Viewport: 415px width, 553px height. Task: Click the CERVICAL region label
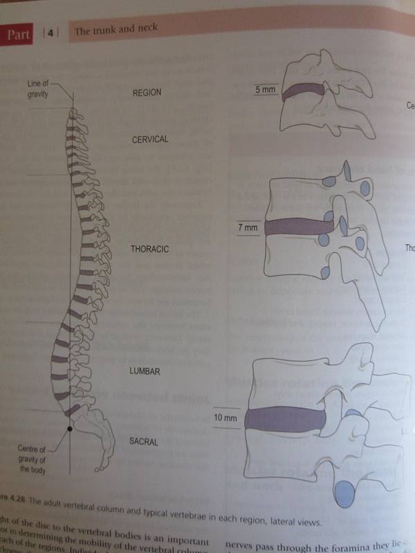point(150,139)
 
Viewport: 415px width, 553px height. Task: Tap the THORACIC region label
point(151,247)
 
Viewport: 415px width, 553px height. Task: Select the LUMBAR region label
point(145,372)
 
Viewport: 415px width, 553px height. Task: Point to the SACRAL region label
point(146,440)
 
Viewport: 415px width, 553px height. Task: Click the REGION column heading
point(147,92)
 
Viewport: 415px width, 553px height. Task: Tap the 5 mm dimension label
point(265,91)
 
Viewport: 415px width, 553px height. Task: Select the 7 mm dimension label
point(247,227)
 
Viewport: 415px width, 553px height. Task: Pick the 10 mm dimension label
point(225,418)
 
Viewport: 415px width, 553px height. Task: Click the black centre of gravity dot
point(69,430)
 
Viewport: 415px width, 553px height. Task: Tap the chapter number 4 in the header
point(51,32)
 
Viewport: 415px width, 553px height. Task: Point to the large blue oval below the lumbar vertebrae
point(345,493)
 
